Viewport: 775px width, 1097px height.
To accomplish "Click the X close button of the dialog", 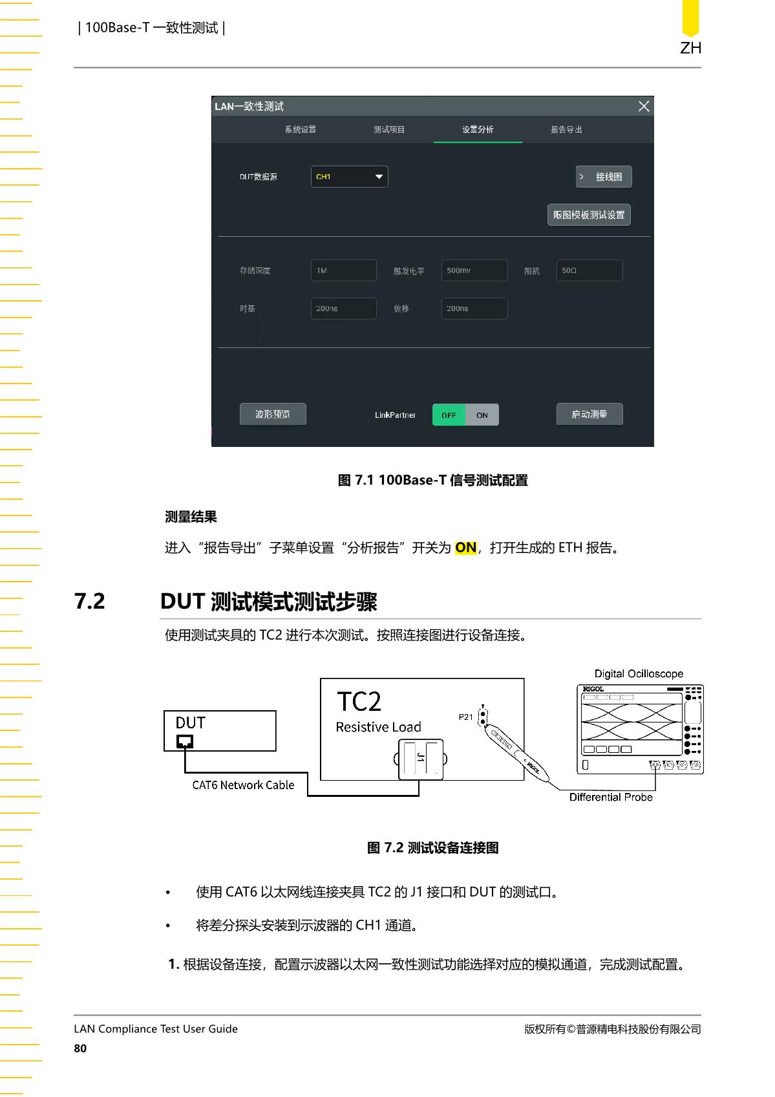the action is point(643,106).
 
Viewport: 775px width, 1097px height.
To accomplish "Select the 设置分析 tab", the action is point(478,129).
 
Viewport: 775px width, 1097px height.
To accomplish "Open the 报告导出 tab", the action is point(566,129).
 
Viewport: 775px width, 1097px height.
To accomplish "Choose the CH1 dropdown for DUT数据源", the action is point(349,177).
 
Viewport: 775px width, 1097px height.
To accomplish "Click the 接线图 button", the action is point(603,177).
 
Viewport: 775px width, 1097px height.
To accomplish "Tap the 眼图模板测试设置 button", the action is point(589,215).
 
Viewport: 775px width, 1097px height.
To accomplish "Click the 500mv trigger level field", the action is point(474,270).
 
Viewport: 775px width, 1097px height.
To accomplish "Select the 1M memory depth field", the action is point(343,270).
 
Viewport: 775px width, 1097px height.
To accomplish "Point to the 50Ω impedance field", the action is point(589,270).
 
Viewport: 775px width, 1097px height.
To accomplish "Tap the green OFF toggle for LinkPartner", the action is point(449,415).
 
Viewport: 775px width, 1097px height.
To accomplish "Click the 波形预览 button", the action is point(273,415).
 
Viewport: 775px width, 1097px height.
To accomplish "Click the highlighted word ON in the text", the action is point(465,547).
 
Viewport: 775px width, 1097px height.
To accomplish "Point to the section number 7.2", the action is point(90,601).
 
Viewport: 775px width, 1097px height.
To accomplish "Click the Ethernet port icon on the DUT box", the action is point(184,741).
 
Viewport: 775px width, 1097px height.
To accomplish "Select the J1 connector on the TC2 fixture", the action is point(421,759).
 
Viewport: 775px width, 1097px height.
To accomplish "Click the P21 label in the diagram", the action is point(465,717).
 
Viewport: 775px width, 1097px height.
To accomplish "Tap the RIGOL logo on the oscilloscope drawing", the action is point(593,689).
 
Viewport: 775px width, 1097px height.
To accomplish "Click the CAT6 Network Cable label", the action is point(243,785).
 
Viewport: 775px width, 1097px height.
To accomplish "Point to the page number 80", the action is point(80,1048).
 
